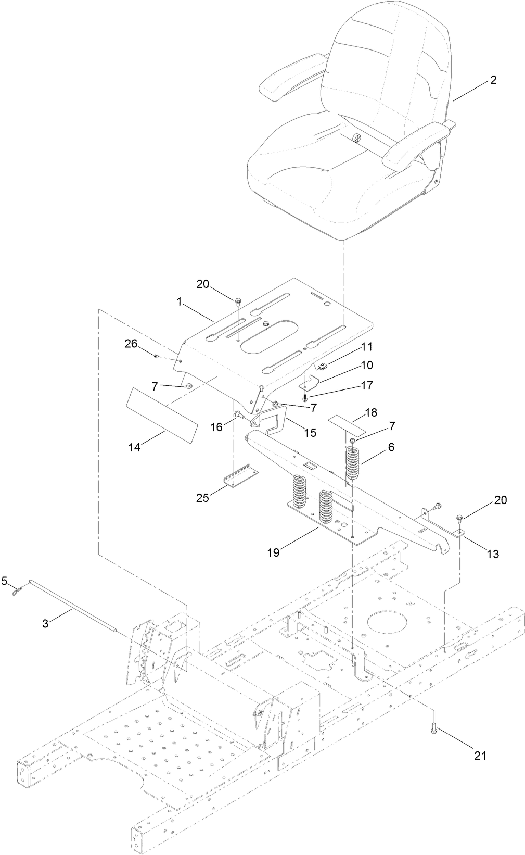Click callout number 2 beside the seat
(493, 80)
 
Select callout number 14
(135, 447)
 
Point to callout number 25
(202, 498)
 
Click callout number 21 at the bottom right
(480, 755)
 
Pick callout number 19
(273, 552)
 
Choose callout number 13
(492, 554)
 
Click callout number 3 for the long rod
(46, 623)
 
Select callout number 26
(131, 343)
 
